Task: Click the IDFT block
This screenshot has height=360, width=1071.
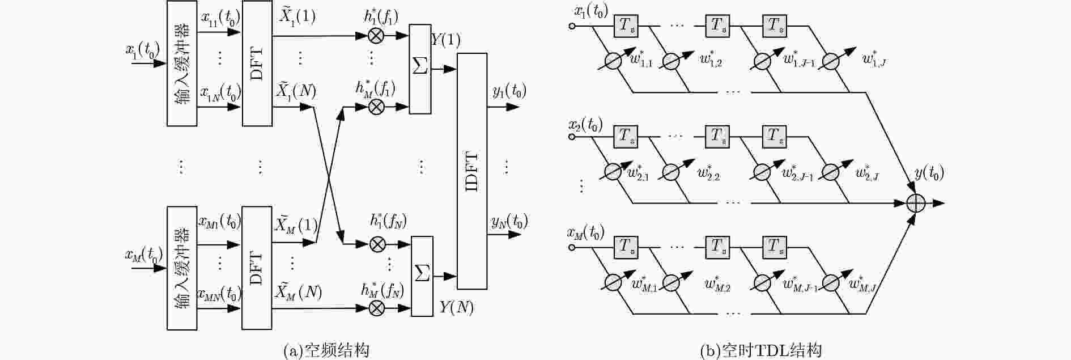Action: [472, 171]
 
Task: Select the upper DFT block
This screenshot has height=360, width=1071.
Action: [257, 63]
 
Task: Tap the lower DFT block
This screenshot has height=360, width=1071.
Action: [257, 268]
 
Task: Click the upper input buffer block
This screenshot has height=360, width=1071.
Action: [182, 63]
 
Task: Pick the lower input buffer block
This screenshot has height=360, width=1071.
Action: [182, 268]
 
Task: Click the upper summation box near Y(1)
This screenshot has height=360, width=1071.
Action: [420, 69]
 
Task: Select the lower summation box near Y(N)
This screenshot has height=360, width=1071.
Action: [422, 276]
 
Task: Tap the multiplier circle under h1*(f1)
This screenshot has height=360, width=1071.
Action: [375, 36]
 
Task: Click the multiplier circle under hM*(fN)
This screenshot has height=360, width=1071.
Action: [376, 308]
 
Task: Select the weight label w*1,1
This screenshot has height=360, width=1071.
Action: [641, 58]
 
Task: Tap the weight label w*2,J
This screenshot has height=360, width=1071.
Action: [867, 172]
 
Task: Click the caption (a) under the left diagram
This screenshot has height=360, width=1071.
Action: [326, 350]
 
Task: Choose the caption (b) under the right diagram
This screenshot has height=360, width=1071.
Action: [760, 350]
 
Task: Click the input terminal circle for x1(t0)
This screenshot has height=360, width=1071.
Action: [572, 26]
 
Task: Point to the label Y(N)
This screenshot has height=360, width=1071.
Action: [456, 307]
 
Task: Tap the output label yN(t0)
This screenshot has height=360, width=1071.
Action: [509, 221]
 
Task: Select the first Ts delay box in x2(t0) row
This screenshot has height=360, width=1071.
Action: [626, 137]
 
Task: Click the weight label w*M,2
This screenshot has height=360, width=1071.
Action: [717, 284]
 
